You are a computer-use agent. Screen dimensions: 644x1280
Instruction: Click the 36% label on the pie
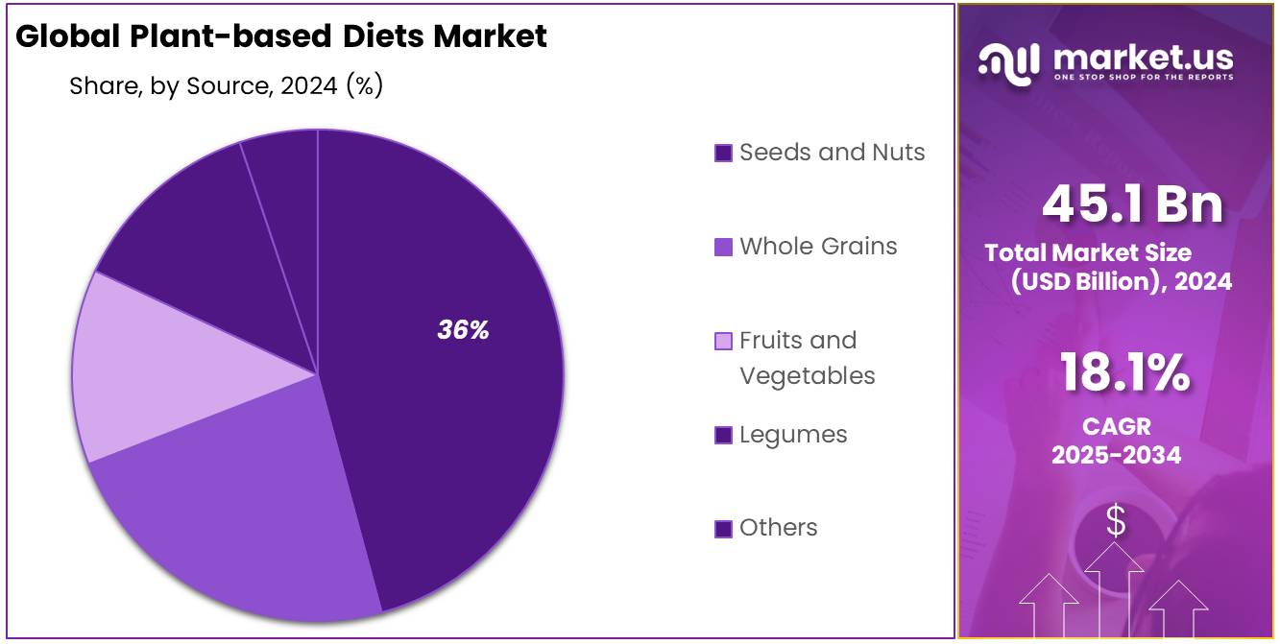tap(463, 330)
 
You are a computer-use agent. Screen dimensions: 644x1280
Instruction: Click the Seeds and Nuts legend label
tap(832, 153)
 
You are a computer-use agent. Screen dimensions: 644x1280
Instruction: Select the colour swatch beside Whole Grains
tap(724, 247)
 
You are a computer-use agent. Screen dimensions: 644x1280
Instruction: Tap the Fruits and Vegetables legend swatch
tap(724, 341)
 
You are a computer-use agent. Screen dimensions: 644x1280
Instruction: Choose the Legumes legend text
tap(793, 435)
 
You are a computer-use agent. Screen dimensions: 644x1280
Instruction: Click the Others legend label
tap(778, 528)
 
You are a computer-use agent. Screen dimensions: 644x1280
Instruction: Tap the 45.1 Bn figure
tap(1132, 203)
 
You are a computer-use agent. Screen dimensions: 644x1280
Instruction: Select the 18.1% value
tap(1124, 372)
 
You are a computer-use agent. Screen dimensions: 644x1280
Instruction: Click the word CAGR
tap(1117, 425)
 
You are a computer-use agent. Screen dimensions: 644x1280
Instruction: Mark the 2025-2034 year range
tap(1117, 455)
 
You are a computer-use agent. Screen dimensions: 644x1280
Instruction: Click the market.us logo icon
tap(1008, 61)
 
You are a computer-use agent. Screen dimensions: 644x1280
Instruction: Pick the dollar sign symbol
tap(1116, 521)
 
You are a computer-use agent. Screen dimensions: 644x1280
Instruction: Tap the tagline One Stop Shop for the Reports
tap(1144, 77)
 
